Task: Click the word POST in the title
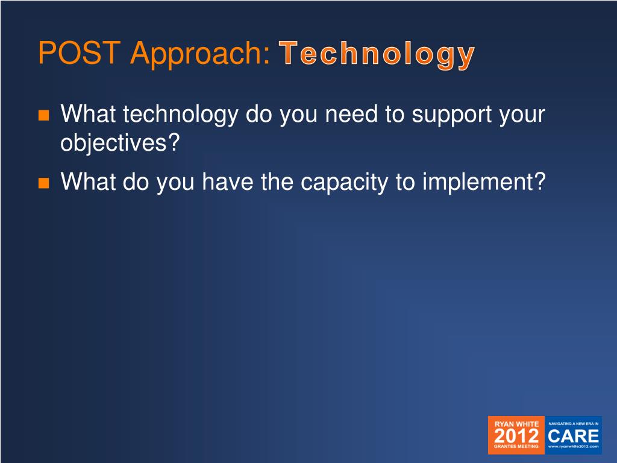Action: pyautogui.click(x=79, y=52)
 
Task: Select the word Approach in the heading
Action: pyautogui.click(x=201, y=54)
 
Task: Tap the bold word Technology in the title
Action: pyautogui.click(x=377, y=55)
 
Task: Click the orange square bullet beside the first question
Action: pyautogui.click(x=43, y=115)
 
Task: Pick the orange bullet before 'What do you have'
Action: pyautogui.click(x=43, y=183)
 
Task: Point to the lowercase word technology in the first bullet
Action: pyautogui.click(x=181, y=115)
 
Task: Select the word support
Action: pyautogui.click(x=451, y=115)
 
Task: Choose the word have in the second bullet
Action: pyautogui.click(x=227, y=182)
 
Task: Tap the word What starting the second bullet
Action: pyautogui.click(x=88, y=182)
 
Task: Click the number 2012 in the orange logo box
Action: pyautogui.click(x=516, y=436)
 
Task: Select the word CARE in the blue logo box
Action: pyautogui.click(x=574, y=436)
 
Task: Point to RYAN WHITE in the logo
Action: pyautogui.click(x=516, y=424)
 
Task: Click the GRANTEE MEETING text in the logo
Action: pyautogui.click(x=516, y=447)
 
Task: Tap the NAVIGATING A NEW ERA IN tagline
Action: pyautogui.click(x=574, y=424)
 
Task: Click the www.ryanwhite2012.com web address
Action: pyautogui.click(x=574, y=447)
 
